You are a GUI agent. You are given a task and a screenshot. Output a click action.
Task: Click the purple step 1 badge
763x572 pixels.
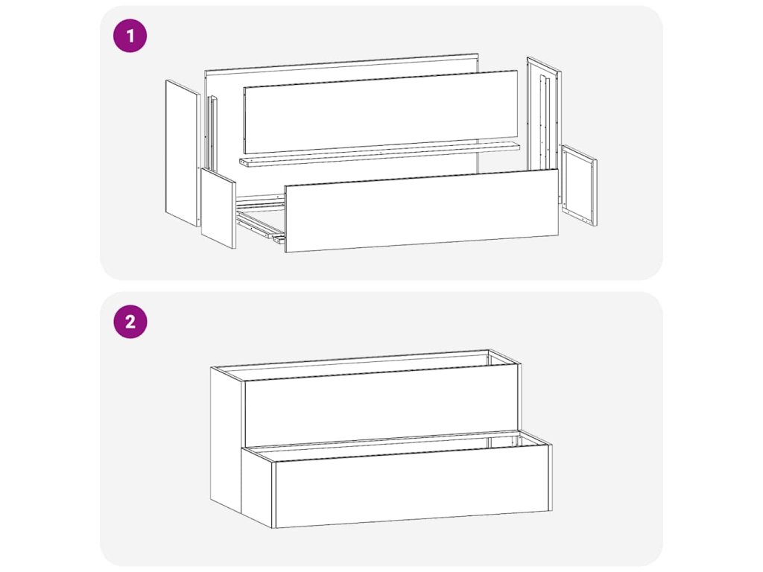(x=130, y=36)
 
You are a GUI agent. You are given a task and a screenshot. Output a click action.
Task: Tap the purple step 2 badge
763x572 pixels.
(x=130, y=322)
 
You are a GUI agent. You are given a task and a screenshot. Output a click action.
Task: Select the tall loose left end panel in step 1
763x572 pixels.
(x=183, y=153)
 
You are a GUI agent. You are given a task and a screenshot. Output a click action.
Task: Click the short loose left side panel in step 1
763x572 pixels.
(x=218, y=209)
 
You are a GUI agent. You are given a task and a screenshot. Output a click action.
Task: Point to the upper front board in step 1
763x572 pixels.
(x=381, y=112)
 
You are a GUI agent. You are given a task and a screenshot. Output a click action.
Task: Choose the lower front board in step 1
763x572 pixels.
(x=422, y=210)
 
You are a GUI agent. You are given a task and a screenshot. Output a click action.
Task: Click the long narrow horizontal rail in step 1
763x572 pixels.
(x=379, y=154)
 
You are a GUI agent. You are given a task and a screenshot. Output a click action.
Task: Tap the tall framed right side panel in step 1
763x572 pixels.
(x=544, y=114)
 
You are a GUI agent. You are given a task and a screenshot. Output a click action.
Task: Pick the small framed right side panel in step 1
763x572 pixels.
(x=579, y=185)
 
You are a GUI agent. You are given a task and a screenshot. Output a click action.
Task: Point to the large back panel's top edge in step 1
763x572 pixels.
(x=341, y=63)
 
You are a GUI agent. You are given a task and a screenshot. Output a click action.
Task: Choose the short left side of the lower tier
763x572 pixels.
(x=258, y=486)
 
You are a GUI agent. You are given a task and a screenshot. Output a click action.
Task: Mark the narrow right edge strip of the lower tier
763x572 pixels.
(x=551, y=477)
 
